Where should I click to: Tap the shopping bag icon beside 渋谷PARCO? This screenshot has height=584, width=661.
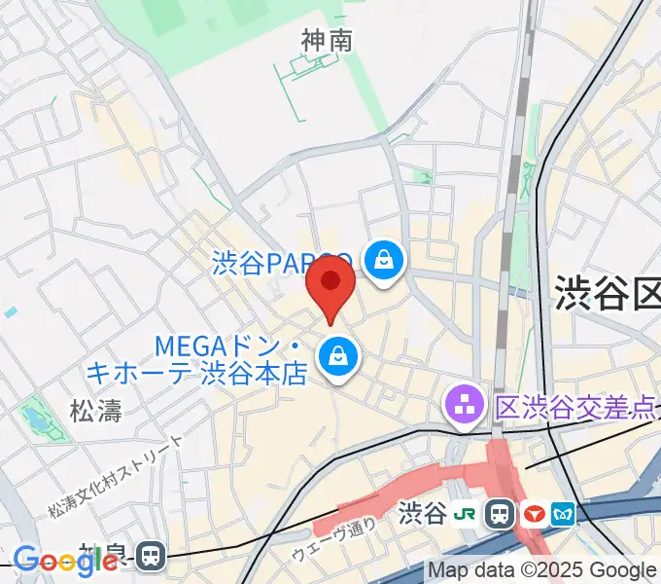(385, 260)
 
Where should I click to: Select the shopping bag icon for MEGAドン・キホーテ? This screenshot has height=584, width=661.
(336, 356)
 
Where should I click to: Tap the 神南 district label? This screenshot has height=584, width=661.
(326, 40)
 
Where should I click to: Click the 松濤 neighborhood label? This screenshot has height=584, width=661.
(96, 411)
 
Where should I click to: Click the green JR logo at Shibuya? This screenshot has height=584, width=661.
(469, 513)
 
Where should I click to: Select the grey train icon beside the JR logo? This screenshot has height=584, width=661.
(501, 513)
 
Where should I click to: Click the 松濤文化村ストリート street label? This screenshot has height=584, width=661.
(116, 477)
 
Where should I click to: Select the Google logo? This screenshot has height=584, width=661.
(65, 561)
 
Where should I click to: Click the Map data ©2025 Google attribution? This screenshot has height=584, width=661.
(542, 570)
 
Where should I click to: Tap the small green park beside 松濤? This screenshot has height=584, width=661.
(37, 416)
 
